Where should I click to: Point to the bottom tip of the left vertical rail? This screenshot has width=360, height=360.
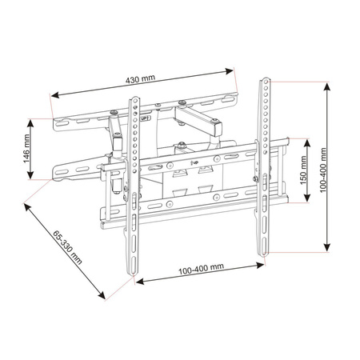pyautogui.click(x=133, y=277)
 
